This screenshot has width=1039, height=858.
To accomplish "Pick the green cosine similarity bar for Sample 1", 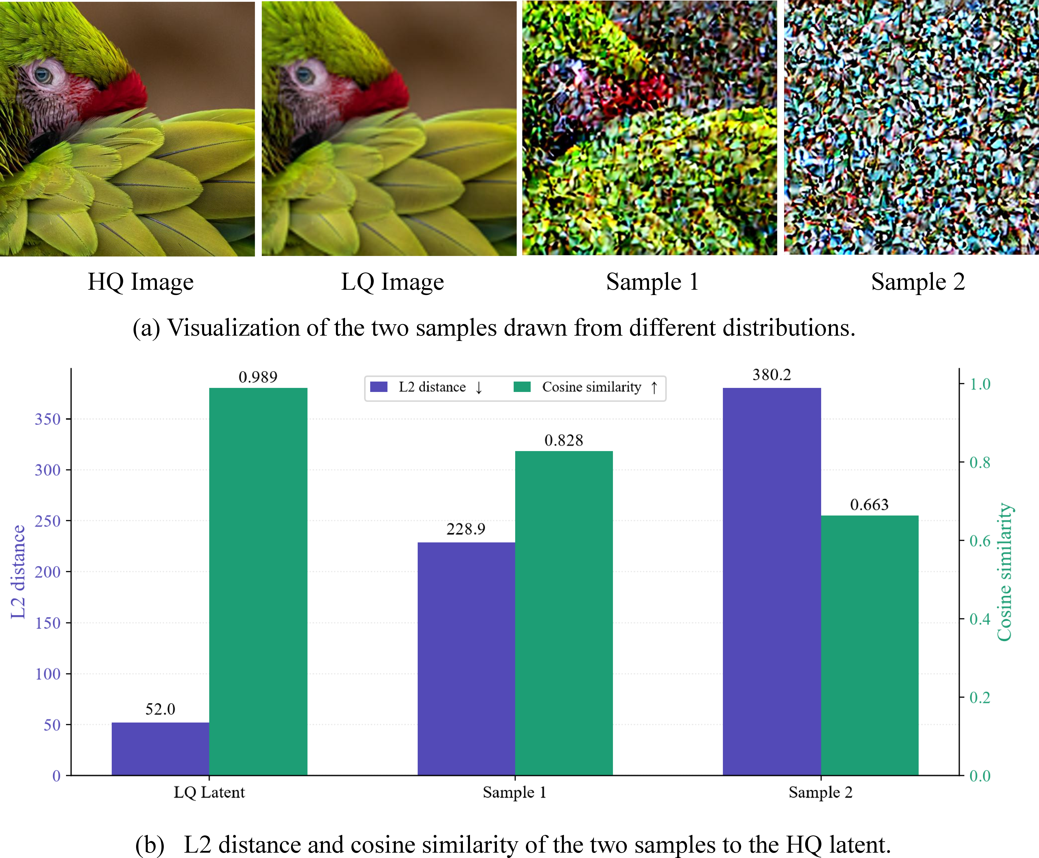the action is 564,613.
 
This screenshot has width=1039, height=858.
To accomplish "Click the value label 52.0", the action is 160,709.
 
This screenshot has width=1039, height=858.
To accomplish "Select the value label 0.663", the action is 869,505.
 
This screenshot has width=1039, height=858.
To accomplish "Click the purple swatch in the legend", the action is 379,387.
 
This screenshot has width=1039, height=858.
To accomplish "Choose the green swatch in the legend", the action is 522,387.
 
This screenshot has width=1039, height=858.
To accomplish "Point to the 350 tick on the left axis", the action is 47,419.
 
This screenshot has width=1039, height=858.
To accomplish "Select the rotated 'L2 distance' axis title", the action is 18,572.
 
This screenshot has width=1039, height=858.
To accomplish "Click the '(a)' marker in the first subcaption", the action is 147,328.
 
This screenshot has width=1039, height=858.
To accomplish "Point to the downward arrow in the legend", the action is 479,387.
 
